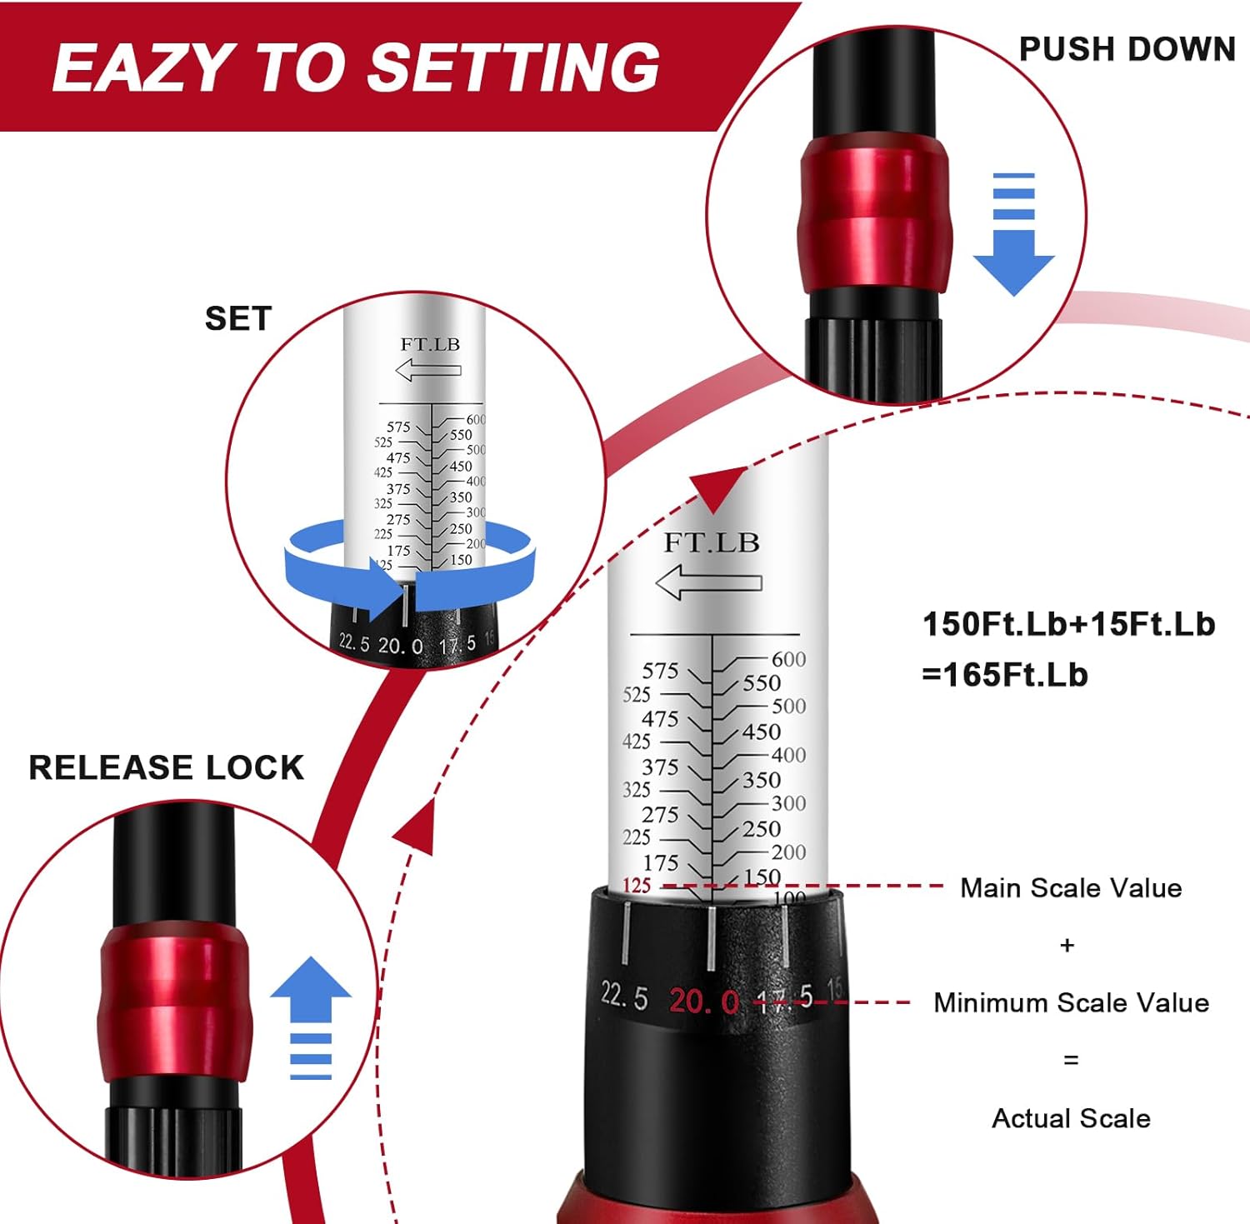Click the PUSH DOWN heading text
coord(1127,49)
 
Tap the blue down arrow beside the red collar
coord(1013,237)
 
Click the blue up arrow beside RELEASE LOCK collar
coord(311,1017)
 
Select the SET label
coord(238,318)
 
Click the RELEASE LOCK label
coord(167,767)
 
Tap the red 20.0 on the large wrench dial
coord(703,1000)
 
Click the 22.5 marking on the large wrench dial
coord(624,995)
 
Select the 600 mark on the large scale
coord(788,659)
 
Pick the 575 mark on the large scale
coord(660,671)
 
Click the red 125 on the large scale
coord(637,885)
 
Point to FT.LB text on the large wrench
coord(712,542)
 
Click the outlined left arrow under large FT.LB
coord(709,582)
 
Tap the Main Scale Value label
coord(1071,887)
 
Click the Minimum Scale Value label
coord(1071,1002)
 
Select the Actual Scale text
coord(1071,1118)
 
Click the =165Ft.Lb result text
coord(1005,674)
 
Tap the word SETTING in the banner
coord(514,67)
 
